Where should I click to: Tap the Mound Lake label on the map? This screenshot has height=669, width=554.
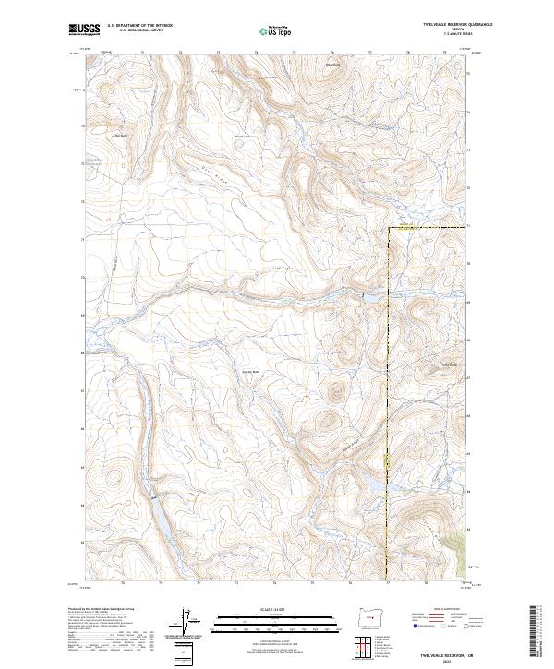point(242,137)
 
